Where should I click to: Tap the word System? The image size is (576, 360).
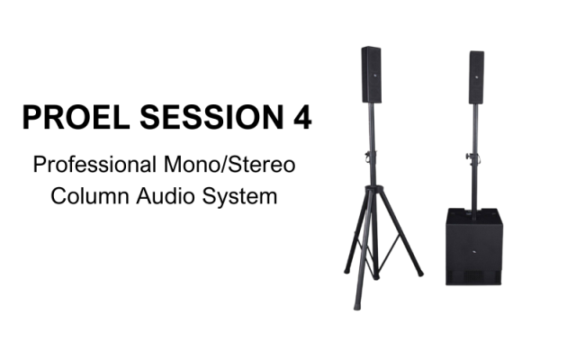(244, 195)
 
